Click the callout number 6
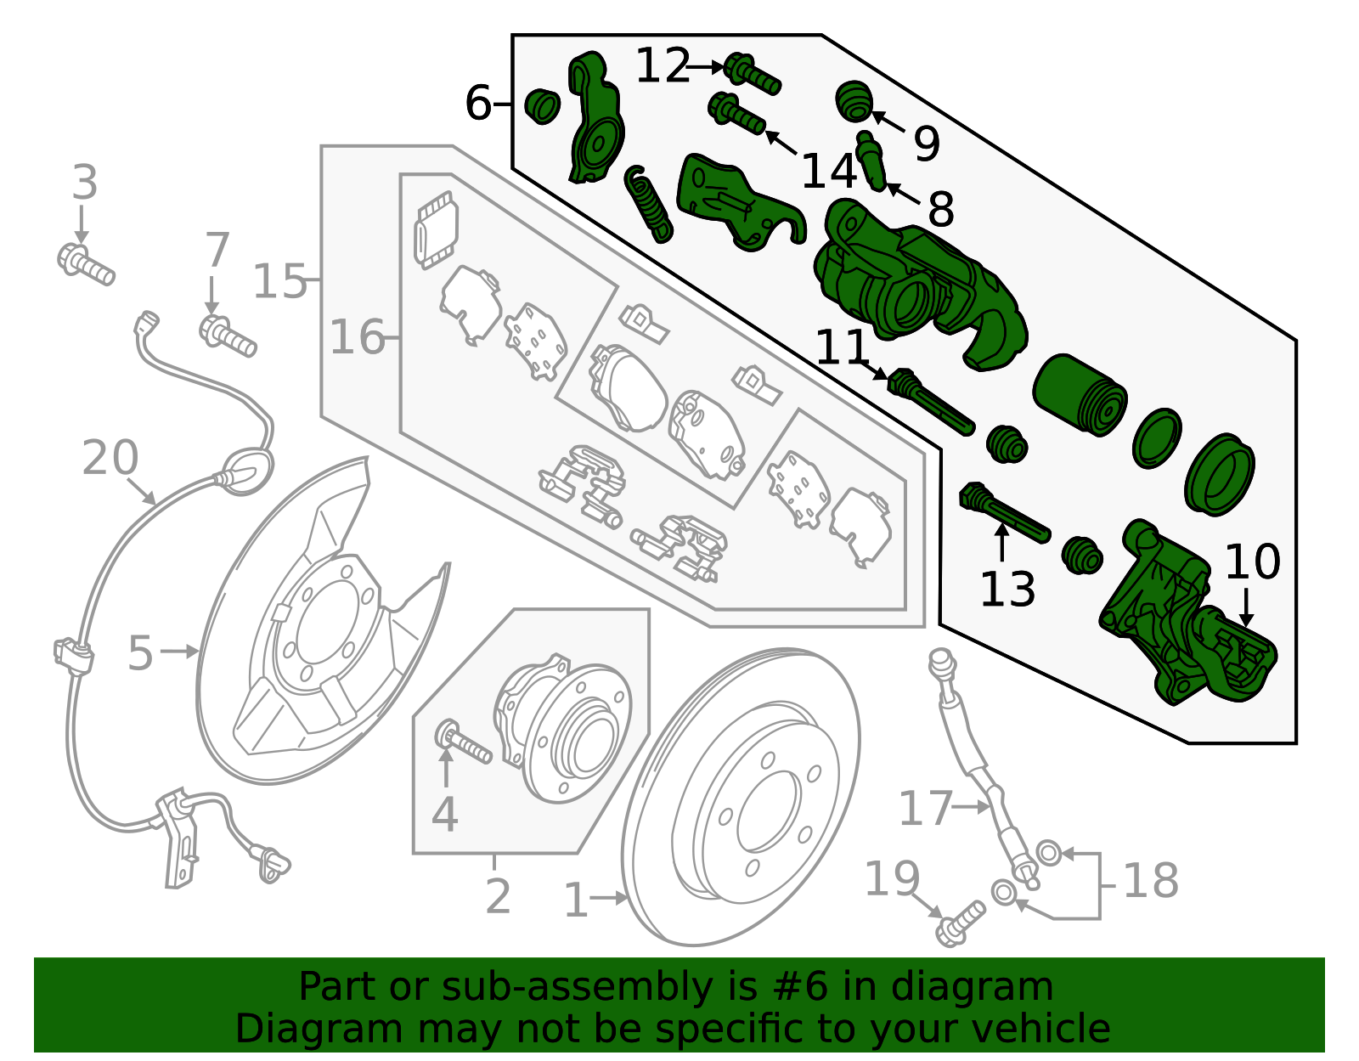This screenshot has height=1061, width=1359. (478, 104)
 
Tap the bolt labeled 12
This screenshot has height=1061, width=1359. (752, 72)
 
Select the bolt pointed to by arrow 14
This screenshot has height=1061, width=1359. (736, 114)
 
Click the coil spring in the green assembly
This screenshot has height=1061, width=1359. (650, 204)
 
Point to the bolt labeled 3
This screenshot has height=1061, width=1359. (85, 263)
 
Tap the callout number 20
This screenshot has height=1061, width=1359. (110, 458)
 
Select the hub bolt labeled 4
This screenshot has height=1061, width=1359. (463, 742)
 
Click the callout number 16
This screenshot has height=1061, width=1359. (357, 337)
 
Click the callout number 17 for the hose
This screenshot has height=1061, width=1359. (925, 808)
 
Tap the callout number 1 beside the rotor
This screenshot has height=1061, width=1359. (575, 900)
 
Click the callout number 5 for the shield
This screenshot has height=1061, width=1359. (140, 653)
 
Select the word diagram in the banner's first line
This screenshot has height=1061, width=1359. (988, 987)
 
